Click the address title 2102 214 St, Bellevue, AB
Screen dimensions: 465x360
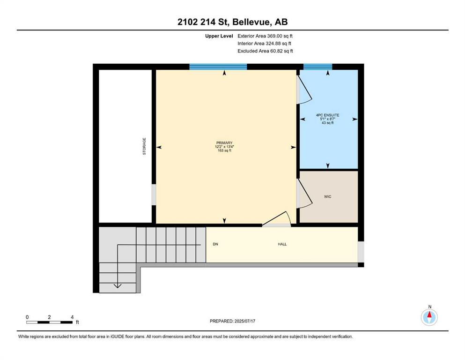(x=232, y=22)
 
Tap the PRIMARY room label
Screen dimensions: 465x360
(x=224, y=143)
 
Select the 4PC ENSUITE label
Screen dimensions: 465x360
(x=328, y=115)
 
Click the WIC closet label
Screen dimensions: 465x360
(x=328, y=197)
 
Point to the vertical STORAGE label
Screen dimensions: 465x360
(x=144, y=146)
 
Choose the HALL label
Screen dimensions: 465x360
(x=282, y=244)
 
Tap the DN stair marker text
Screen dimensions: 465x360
(x=215, y=244)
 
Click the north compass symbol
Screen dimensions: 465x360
(x=429, y=317)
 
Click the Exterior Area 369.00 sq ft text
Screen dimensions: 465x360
(x=265, y=36)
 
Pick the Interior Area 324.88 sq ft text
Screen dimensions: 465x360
(x=264, y=43)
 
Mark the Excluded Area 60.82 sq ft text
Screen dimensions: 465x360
(x=265, y=51)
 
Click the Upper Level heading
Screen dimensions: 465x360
(x=219, y=36)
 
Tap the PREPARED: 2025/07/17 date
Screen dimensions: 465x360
(x=232, y=321)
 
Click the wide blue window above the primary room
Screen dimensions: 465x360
(x=218, y=67)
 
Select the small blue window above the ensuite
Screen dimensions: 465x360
(x=317, y=67)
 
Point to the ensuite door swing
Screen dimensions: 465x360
(x=304, y=90)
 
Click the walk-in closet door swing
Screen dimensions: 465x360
(x=304, y=193)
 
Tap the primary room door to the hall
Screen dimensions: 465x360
(x=276, y=219)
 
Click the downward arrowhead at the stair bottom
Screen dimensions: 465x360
(x=118, y=285)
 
